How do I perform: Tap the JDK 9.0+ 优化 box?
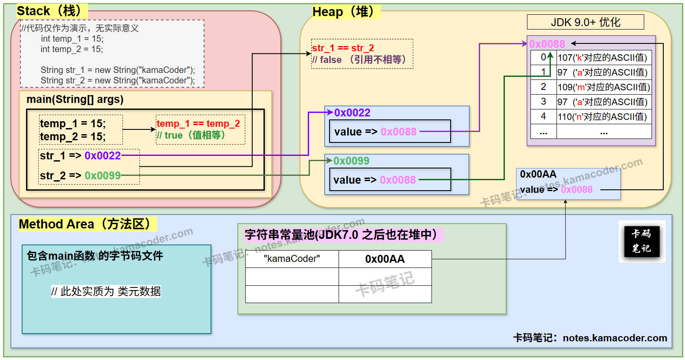[x=585, y=22]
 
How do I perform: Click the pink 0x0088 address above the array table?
[x=547, y=44]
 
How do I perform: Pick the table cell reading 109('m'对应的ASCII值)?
[x=604, y=87]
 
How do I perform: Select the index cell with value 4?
[x=543, y=116]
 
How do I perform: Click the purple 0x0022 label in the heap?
[x=352, y=113]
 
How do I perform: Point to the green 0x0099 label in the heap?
[x=351, y=161]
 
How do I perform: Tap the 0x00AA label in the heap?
[x=538, y=174]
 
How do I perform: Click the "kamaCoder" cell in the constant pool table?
[x=292, y=259]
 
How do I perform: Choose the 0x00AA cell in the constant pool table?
[x=385, y=259]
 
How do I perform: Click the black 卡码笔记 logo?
[x=642, y=241]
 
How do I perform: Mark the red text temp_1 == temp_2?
[x=198, y=124]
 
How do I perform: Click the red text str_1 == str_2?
[x=343, y=48]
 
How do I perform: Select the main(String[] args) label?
[x=75, y=99]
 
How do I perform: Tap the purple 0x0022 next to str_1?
[x=102, y=156]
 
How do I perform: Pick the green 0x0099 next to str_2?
[x=102, y=176]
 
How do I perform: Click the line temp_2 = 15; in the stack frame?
[x=72, y=137]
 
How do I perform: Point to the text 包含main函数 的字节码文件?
[x=95, y=256]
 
